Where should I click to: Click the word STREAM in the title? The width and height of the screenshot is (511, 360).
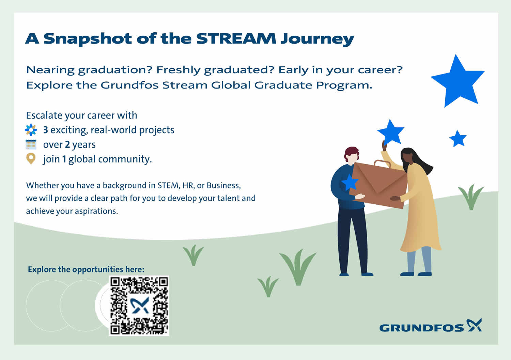pos(236,38)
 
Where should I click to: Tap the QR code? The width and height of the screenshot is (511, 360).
pos(139,306)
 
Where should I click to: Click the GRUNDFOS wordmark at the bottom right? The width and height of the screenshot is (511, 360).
pos(422,328)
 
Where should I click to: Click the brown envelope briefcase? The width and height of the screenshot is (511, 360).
pos(379,185)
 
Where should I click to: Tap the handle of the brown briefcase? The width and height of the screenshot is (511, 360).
pos(382,163)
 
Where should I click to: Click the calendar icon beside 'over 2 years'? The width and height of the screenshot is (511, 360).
pos(31,144)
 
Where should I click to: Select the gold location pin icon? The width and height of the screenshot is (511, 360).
pos(31,159)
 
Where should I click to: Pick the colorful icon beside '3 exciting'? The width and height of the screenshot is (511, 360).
pos(31,130)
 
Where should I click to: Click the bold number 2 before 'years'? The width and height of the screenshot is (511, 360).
pos(67,145)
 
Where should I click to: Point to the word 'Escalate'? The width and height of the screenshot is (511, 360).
pos(44,115)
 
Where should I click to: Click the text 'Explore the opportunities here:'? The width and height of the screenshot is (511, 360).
pos(86,269)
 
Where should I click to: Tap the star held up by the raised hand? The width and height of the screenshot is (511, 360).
pos(391,132)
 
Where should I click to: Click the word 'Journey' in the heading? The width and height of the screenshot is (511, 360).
pos(317,39)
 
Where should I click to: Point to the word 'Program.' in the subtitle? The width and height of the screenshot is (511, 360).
pos(344,85)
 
